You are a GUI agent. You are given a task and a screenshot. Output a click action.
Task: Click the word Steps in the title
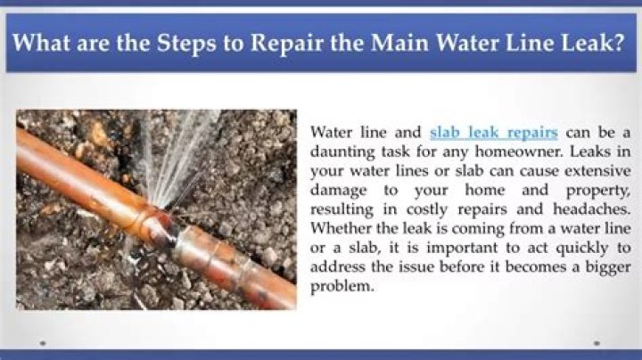click(x=185, y=44)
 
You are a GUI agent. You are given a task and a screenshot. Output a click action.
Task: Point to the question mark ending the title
click(x=619, y=42)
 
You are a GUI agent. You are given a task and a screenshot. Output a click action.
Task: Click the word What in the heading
click(x=41, y=42)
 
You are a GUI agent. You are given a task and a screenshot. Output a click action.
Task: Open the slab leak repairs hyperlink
click(x=494, y=133)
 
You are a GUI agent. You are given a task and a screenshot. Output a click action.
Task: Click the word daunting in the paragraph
click(x=342, y=152)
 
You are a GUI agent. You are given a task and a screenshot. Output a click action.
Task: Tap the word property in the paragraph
click(x=597, y=191)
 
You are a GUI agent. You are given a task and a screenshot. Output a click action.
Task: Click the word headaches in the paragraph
click(x=592, y=209)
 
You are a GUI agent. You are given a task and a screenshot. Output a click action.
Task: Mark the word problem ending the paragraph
click(x=342, y=286)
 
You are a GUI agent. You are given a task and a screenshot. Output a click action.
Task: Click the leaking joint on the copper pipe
click(x=167, y=229)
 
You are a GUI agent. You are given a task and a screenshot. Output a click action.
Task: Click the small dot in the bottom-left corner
click(x=43, y=344)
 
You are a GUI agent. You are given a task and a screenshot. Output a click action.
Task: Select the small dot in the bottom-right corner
click(x=597, y=344)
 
